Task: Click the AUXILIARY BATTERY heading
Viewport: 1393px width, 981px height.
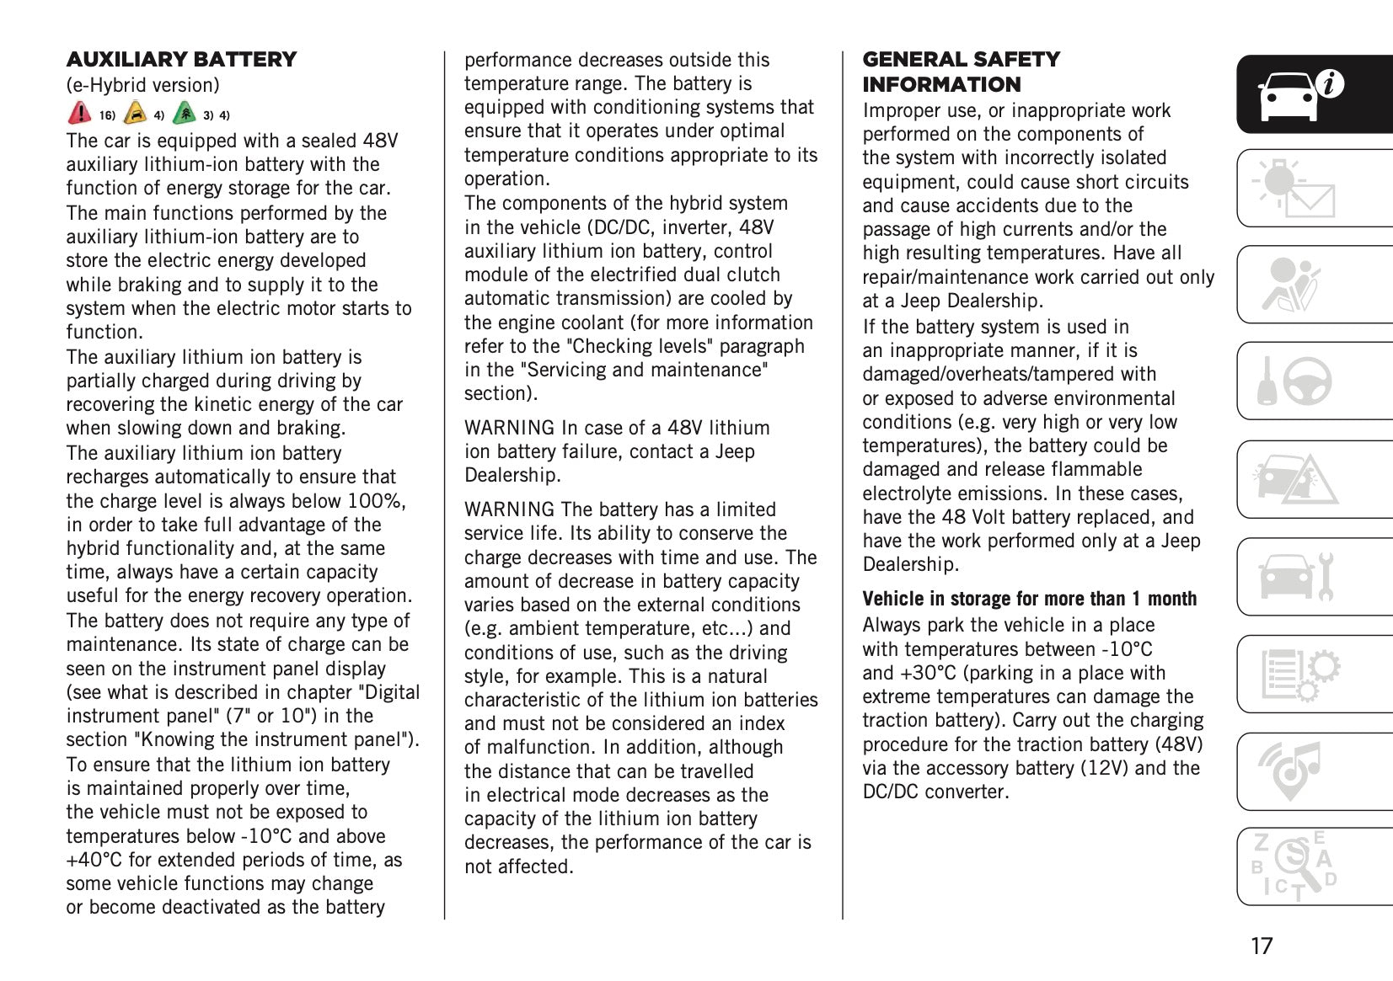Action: click(181, 60)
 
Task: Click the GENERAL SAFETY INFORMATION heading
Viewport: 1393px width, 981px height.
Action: click(961, 72)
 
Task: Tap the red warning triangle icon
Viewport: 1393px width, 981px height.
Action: click(79, 113)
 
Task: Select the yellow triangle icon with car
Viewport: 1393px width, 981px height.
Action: click(135, 113)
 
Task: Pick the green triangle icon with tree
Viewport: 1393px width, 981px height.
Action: click(184, 113)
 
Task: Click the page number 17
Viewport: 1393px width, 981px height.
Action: click(1261, 946)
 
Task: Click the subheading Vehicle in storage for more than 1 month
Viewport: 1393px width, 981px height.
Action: click(1029, 599)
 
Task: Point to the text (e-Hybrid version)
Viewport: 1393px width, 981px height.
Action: click(142, 85)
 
